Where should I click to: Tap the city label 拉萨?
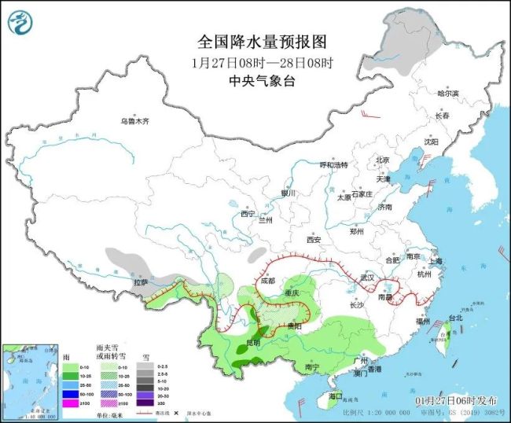(x=141, y=281)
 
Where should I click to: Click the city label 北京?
(x=382, y=160)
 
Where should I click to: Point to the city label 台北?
(x=455, y=318)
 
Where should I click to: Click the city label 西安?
(x=315, y=239)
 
